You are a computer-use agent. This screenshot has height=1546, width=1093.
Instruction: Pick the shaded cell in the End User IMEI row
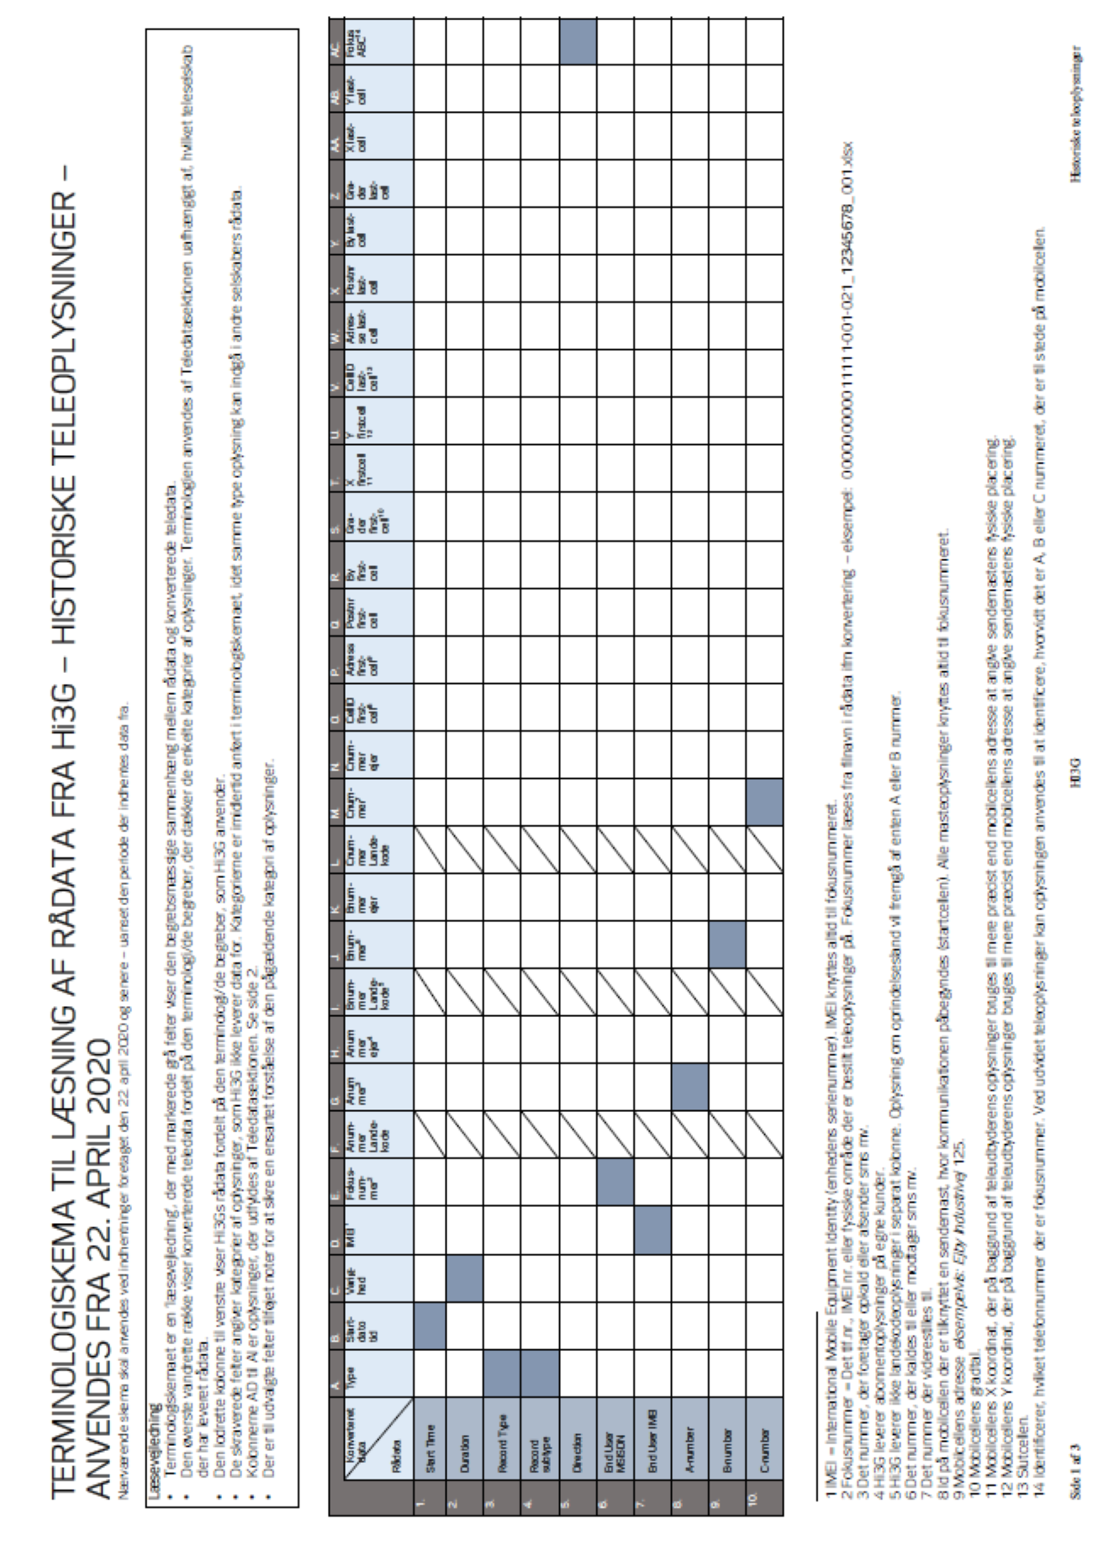click(652, 1231)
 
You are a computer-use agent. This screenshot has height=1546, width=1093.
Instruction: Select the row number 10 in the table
click(764, 1496)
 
